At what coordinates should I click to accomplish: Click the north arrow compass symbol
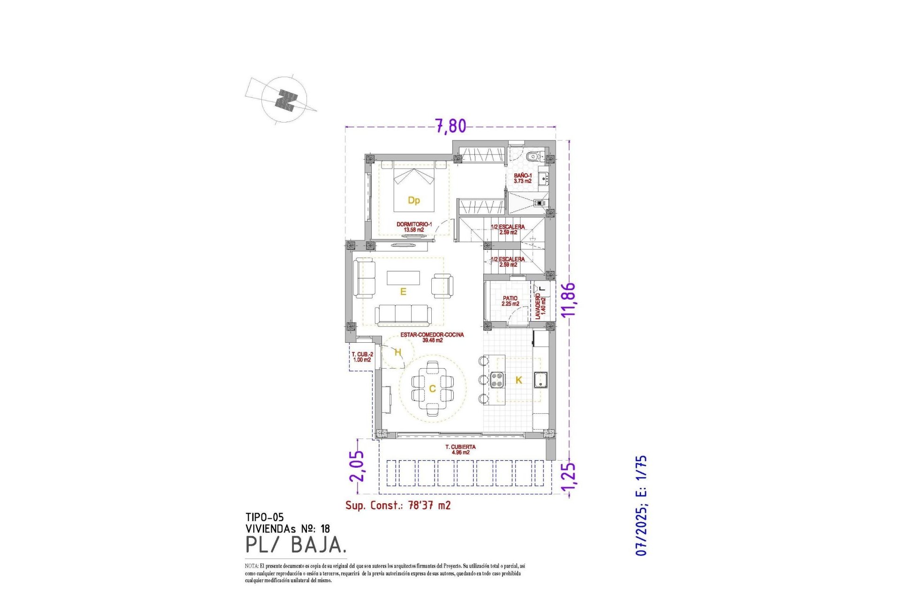click(x=284, y=100)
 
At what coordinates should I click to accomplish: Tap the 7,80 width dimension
click(x=450, y=126)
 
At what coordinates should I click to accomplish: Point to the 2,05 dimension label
click(x=357, y=466)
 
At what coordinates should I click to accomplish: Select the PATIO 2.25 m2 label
click(x=510, y=301)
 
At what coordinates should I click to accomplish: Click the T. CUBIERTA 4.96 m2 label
click(x=460, y=449)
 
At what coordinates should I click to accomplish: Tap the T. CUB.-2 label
click(x=362, y=357)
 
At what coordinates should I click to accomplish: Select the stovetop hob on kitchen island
click(x=497, y=379)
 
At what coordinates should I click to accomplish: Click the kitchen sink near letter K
click(x=541, y=379)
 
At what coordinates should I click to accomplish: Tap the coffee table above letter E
click(x=403, y=277)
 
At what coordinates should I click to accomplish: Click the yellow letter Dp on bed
click(x=413, y=200)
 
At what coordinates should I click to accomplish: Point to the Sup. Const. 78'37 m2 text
click(x=398, y=505)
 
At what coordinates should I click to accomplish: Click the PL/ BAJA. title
click(x=296, y=545)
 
